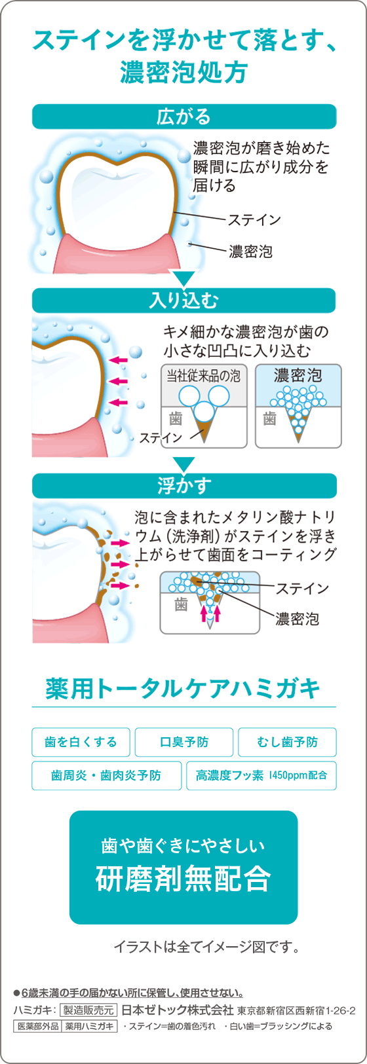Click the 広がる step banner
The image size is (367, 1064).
[184, 117]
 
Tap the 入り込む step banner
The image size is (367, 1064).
[184, 301]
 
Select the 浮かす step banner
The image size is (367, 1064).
[184, 486]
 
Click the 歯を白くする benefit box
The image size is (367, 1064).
[81, 742]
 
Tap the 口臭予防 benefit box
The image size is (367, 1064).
[184, 742]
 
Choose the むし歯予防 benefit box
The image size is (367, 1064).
[287, 742]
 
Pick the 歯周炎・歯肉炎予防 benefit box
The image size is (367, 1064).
[106, 776]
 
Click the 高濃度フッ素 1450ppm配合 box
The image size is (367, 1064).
[261, 776]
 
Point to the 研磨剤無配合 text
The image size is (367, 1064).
[183, 879]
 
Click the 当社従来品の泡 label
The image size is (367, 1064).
[203, 376]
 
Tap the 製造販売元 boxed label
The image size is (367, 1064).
[88, 1010]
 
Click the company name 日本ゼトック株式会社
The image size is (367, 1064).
[178, 1010]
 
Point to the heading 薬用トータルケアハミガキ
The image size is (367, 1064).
[183, 689]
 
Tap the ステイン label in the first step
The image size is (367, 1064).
[255, 220]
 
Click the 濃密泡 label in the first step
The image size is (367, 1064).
[250, 251]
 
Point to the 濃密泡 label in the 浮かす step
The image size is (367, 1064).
[297, 619]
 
